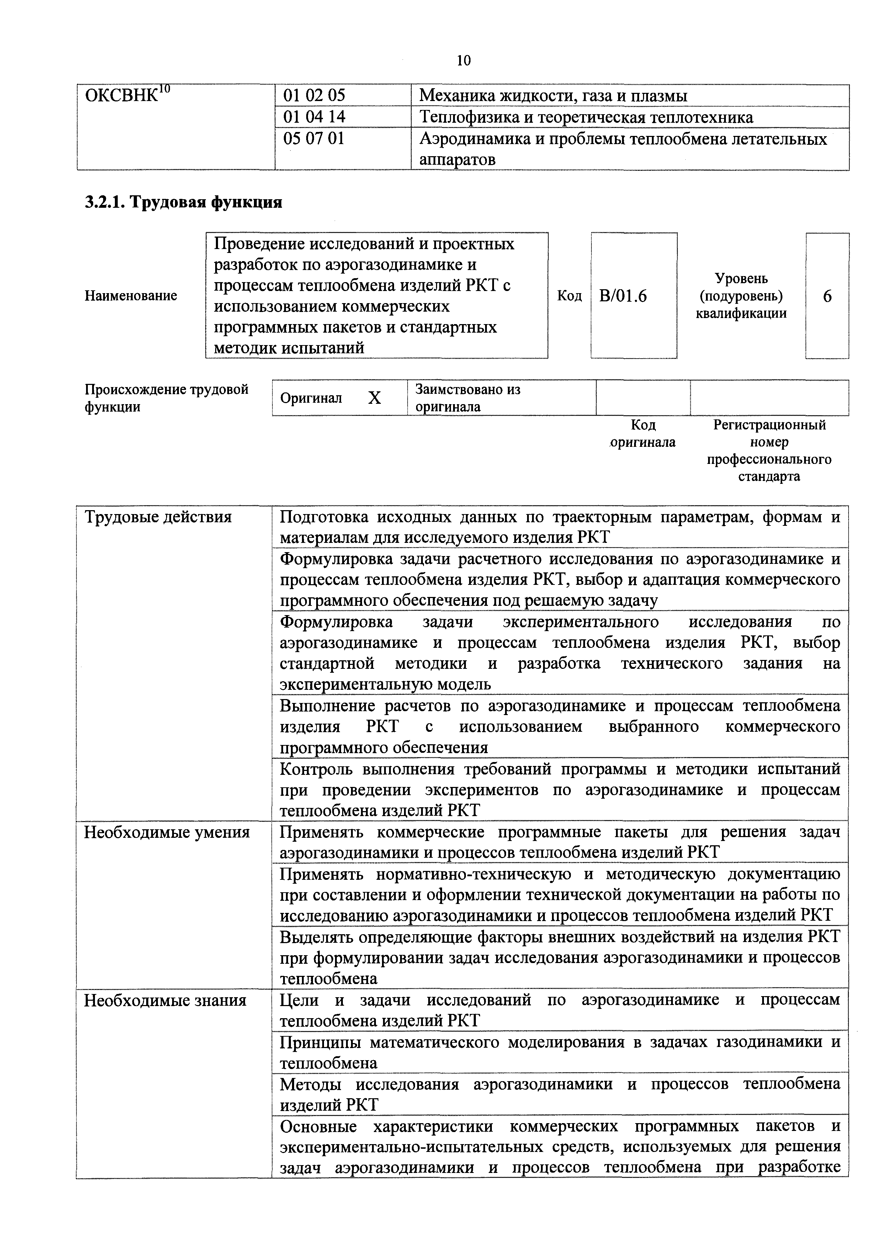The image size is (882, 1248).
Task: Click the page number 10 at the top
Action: click(x=463, y=60)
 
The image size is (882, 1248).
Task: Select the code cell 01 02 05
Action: click(x=314, y=96)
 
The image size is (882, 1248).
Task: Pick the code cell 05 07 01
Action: click(x=314, y=139)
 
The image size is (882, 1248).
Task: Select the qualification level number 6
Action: click(x=827, y=296)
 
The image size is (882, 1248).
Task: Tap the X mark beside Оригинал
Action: click(x=374, y=398)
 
